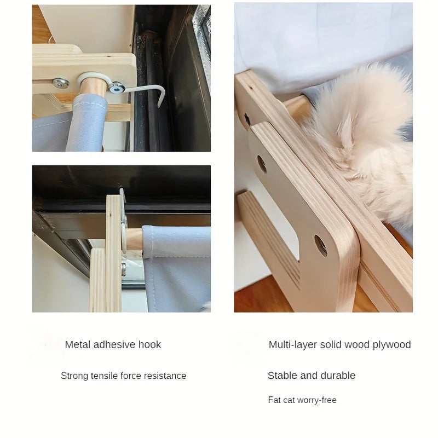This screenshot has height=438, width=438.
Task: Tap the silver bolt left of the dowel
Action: coord(61,83)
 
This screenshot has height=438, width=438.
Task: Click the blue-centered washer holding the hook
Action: coord(117,87)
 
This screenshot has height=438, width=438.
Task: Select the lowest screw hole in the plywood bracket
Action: coord(320,245)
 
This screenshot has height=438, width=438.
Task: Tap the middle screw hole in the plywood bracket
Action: coord(262,164)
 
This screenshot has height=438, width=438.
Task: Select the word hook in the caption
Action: coord(150,345)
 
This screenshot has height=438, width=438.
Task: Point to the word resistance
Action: coord(164,376)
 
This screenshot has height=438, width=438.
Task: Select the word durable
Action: coord(338,376)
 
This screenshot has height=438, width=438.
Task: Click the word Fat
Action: coord(274,400)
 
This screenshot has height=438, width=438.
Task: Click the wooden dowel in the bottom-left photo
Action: coord(135,239)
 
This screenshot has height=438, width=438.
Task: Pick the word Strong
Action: coord(73,376)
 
